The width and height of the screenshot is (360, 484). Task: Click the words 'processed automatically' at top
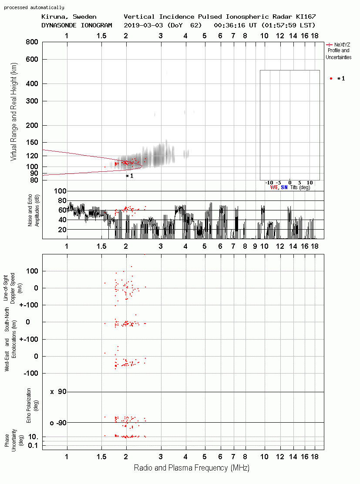click(x=34, y=7)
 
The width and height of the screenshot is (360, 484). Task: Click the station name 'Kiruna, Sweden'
click(x=69, y=17)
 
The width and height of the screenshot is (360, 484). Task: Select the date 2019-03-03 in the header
click(x=143, y=25)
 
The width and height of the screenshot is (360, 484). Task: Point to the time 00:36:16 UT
click(x=235, y=25)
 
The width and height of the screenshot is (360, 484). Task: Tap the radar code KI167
click(x=306, y=17)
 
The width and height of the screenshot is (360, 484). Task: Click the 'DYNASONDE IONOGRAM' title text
click(x=77, y=25)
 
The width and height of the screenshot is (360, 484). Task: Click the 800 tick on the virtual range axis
click(x=32, y=42)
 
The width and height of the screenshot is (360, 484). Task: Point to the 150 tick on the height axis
click(x=32, y=142)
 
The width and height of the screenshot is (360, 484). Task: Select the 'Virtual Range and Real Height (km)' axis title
click(x=13, y=112)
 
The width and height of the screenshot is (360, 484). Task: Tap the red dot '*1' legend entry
click(x=337, y=79)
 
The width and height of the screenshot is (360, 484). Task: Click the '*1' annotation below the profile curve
click(x=129, y=176)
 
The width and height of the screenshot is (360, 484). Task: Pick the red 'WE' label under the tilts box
click(x=274, y=187)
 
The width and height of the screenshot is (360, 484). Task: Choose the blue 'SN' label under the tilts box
click(x=284, y=187)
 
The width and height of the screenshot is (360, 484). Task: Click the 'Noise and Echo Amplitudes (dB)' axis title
click(x=34, y=210)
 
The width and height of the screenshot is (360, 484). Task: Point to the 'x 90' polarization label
click(x=58, y=392)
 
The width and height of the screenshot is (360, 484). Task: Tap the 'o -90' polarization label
click(x=58, y=423)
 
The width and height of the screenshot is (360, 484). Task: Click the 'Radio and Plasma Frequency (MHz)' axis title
click(x=192, y=468)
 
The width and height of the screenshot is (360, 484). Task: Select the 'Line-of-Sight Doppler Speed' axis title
click(x=9, y=288)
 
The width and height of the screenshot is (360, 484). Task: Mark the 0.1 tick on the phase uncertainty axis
click(x=33, y=445)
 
